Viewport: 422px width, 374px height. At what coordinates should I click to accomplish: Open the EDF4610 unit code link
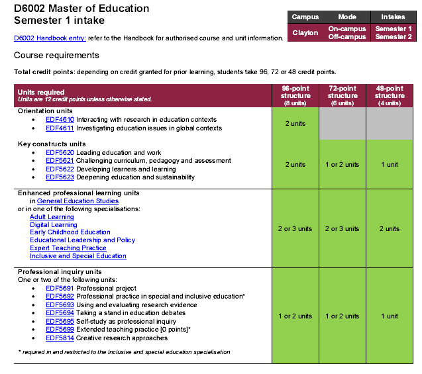(60, 120)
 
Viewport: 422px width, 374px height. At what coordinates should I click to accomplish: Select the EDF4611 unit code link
(60, 128)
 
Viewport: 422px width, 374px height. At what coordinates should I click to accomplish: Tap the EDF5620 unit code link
(60, 152)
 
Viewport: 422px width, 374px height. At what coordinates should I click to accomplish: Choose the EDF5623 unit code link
(60, 177)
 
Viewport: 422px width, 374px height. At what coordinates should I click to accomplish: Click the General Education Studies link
(78, 201)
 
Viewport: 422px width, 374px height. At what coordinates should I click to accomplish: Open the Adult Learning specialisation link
(52, 216)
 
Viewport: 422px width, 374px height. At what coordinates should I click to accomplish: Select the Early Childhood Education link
(70, 232)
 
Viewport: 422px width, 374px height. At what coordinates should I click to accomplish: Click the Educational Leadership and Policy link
(82, 240)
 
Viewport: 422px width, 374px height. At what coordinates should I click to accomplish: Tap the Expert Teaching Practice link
(68, 248)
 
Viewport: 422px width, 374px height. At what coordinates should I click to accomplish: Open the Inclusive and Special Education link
(78, 256)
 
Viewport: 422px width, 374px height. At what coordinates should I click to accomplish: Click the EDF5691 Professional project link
(60, 289)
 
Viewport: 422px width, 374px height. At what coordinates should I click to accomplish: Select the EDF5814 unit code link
(60, 338)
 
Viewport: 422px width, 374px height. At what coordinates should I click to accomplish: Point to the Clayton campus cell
(305, 32)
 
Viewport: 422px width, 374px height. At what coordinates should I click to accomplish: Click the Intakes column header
(393, 17)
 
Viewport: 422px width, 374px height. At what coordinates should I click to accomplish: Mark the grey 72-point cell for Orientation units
(343, 123)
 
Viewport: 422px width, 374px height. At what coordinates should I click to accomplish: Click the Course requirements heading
(56, 55)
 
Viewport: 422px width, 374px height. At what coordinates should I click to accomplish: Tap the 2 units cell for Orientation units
(295, 124)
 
